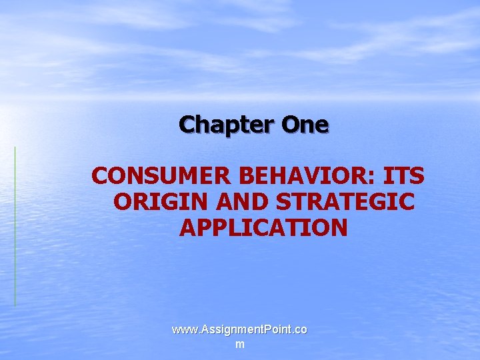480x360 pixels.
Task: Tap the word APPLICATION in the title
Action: point(263,227)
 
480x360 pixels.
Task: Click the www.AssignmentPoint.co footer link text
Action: point(239,330)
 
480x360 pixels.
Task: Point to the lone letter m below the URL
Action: point(239,344)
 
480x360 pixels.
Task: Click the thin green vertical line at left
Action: point(15,227)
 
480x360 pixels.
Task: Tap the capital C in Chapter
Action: point(187,124)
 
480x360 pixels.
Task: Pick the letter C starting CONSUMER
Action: point(101,177)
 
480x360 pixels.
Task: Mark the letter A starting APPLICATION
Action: point(187,227)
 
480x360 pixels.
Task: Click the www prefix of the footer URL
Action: point(183,330)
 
